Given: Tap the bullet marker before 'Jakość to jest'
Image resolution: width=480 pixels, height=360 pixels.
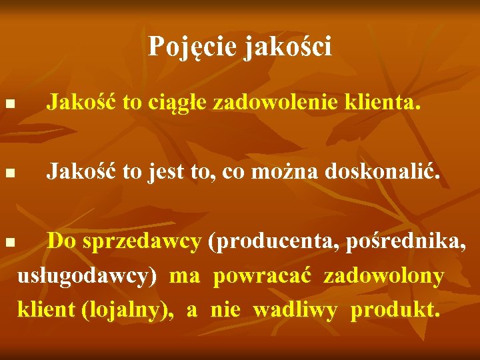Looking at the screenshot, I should pos(9,175).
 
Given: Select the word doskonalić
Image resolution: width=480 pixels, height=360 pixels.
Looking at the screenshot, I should pos(383,173).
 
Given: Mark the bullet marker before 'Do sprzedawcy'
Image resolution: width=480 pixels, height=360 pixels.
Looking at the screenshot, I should pos(9,242).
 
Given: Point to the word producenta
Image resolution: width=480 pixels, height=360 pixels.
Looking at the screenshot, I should pos(273,242).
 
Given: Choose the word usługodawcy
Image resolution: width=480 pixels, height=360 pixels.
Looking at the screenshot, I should pos(87,276).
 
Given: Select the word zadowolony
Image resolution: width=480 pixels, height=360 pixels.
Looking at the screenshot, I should pos(384,276).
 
